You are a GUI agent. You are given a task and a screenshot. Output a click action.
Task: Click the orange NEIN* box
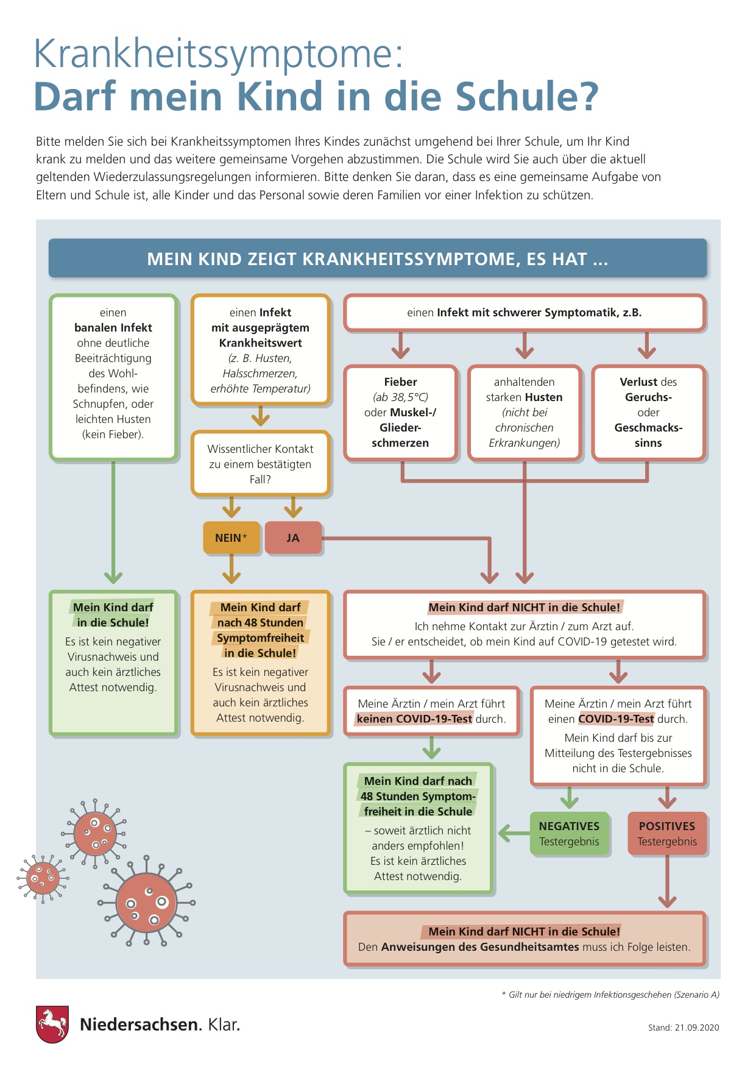231,538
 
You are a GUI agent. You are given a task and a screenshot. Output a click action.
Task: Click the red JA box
293,538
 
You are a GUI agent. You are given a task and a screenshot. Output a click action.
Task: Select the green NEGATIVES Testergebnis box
570,834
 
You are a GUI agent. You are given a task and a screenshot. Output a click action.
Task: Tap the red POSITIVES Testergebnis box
667,834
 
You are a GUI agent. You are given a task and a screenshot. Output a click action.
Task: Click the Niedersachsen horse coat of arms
52,1025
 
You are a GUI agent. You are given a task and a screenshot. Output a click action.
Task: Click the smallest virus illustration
43,878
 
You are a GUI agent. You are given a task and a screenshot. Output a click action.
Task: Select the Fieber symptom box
400,413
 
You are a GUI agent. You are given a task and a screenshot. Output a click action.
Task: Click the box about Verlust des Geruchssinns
648,413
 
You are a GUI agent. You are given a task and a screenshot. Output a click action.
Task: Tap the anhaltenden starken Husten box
524,413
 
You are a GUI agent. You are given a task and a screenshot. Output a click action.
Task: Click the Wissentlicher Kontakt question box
261,464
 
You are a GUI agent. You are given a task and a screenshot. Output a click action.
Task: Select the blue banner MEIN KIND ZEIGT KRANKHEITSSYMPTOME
378,258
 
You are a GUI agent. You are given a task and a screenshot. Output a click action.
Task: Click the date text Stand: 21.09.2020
684,1028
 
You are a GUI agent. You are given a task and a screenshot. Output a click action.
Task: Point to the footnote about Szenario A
610,995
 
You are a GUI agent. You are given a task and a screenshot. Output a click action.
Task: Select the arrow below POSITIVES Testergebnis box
667,881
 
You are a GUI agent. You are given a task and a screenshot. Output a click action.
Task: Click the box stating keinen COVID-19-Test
431,711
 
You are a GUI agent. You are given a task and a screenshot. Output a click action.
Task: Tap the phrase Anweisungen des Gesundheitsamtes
480,947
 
